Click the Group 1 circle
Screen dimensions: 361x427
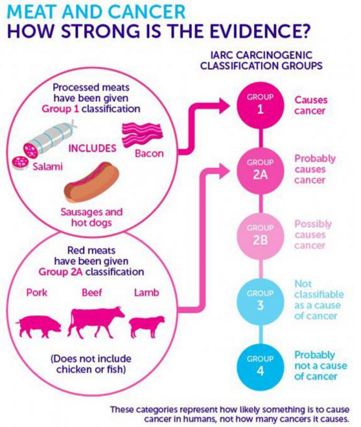[x=260, y=106]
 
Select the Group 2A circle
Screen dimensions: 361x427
[x=260, y=171]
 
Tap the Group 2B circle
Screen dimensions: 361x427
[x=260, y=236]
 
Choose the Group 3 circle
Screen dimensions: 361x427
[x=260, y=302]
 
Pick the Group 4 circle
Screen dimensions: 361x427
[x=260, y=367]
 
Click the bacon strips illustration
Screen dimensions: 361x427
[x=142, y=135]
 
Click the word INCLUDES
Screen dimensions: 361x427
[x=93, y=148]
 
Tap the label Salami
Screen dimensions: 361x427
[x=48, y=166]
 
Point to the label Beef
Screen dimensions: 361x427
[x=92, y=292]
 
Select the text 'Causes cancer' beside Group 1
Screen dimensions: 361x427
[x=311, y=106]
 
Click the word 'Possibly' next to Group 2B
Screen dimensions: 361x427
[x=313, y=224]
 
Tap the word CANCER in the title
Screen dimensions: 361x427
[x=147, y=12]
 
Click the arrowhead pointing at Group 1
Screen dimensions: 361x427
[x=224, y=106]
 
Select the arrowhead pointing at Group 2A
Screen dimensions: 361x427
[x=224, y=171]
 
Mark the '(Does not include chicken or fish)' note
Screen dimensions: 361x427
[x=91, y=364]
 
